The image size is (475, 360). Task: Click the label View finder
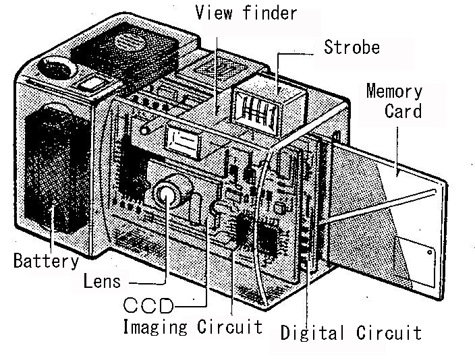[246, 13]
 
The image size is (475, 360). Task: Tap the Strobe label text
[352, 47]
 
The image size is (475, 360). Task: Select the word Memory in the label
[394, 91]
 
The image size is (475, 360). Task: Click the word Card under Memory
[403, 111]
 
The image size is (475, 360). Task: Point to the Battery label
[46, 261]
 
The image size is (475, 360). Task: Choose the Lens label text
[102, 281]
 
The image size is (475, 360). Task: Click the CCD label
[148, 305]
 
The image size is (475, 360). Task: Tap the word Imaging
[155, 327]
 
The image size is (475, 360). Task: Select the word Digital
[312, 333]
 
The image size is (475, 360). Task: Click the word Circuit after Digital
[389, 333]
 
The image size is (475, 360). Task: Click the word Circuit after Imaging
[229, 326]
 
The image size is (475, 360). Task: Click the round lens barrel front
[165, 196]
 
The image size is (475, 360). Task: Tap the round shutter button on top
[57, 69]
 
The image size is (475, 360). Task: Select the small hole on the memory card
[429, 252]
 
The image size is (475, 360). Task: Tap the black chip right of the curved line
[269, 239]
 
